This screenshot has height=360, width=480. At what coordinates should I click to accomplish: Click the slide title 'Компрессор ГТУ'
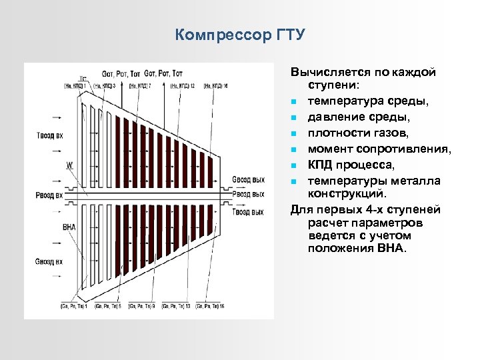[240, 35]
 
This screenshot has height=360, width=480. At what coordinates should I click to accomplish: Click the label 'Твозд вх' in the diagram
[50, 135]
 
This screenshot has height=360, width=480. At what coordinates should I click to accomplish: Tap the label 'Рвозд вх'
[50, 195]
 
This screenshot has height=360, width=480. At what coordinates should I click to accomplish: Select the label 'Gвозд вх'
[49, 261]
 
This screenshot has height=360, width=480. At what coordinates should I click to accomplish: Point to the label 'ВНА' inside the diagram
[69, 227]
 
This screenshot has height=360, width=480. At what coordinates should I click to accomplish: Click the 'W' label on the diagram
[69, 164]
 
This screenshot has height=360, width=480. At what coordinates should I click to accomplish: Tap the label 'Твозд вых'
[249, 212]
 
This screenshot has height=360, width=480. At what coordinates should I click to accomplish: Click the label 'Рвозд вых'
[249, 194]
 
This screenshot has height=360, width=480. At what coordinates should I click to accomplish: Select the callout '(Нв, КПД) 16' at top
[216, 85]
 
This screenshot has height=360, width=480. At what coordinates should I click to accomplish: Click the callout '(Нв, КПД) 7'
[140, 85]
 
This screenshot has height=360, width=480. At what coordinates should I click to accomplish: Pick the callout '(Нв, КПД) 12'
[182, 85]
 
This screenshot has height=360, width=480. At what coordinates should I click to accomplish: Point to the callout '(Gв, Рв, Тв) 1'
[74, 306]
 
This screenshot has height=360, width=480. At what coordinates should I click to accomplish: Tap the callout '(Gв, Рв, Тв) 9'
[142, 306]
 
